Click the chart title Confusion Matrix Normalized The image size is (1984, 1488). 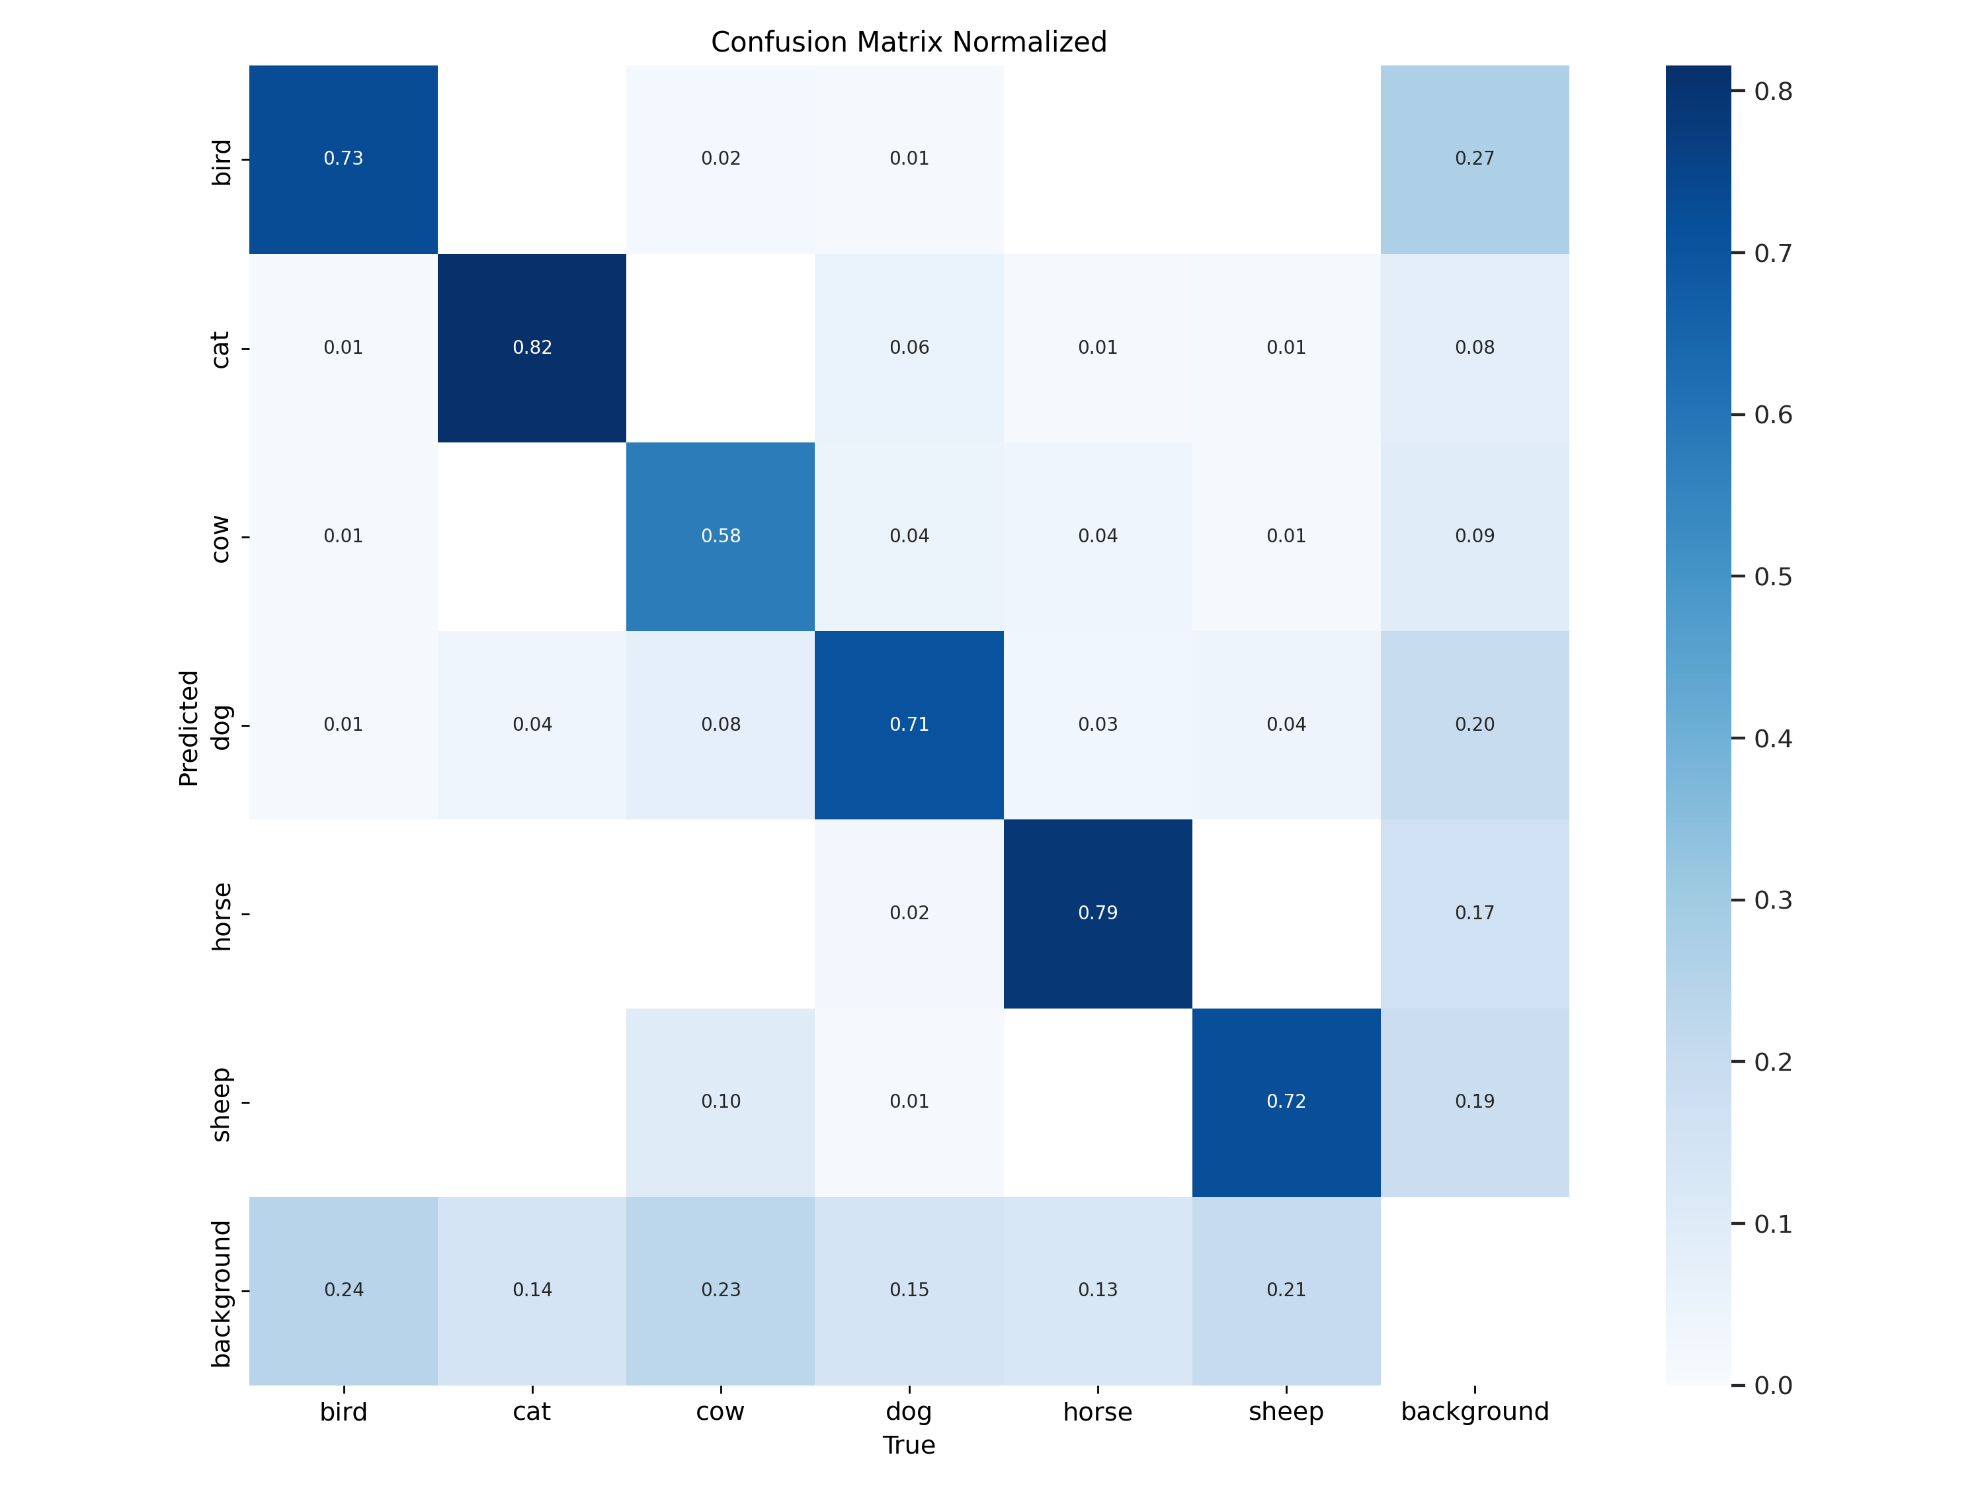[x=909, y=42]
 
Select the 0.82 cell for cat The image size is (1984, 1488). [x=532, y=348]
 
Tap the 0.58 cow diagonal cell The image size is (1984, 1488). [x=720, y=536]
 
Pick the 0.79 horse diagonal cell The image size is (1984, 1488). [x=1098, y=913]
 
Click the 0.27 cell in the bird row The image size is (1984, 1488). [x=1475, y=159]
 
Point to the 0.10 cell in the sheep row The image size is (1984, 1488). [x=720, y=1101]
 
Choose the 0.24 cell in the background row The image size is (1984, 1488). [x=343, y=1290]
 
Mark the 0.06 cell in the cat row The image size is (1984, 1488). [x=909, y=348]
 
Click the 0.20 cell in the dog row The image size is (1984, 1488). [x=1475, y=725]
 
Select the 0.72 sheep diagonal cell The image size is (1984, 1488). [x=1286, y=1101]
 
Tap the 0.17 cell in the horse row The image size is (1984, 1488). [x=1475, y=913]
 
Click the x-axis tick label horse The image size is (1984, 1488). [x=1098, y=1413]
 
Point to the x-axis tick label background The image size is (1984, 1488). [x=1475, y=1412]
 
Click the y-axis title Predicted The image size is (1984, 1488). [x=188, y=727]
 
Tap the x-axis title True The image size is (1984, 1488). [x=909, y=1446]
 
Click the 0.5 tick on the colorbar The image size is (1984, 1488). [x=1772, y=577]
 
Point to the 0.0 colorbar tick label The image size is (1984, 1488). [x=1772, y=1385]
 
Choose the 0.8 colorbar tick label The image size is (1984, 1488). [x=1772, y=91]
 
